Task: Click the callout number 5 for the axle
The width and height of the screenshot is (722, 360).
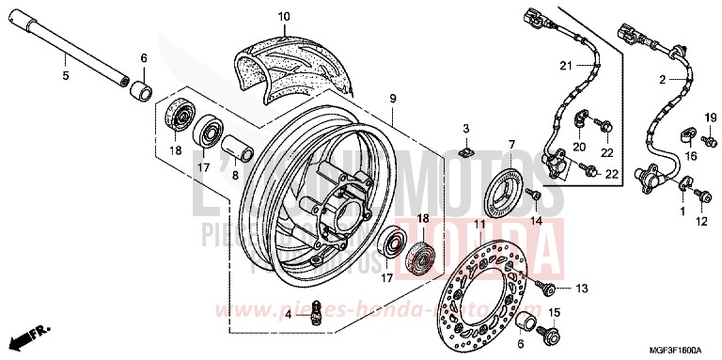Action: pos(64,75)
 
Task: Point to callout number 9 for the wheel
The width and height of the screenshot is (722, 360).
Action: pos(392,99)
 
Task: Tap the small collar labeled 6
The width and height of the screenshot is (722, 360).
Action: pos(144,92)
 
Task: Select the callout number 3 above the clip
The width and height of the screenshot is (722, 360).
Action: pos(465,127)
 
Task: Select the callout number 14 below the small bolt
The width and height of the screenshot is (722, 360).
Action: pos(536,219)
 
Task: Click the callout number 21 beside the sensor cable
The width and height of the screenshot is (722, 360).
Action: pos(564,64)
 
